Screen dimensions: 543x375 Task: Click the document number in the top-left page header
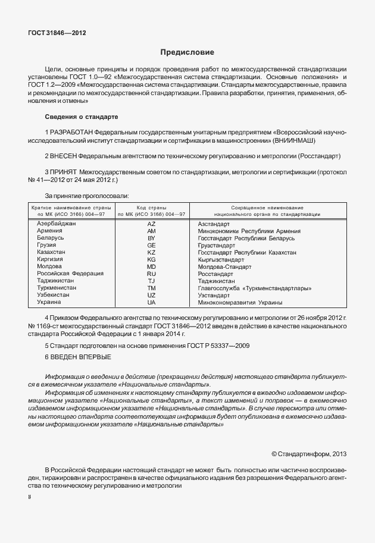pyautogui.click(x=57, y=33)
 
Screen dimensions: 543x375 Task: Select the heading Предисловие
pyautogui.click(x=187, y=53)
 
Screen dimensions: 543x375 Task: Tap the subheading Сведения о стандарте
pyautogui.click(x=82, y=116)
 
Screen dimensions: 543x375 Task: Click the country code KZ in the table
pyautogui.click(x=151, y=252)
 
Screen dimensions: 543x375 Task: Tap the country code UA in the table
pyautogui.click(x=151, y=302)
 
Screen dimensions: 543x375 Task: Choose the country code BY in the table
pyautogui.click(x=151, y=238)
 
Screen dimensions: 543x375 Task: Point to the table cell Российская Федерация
pyautogui.click(x=65, y=274)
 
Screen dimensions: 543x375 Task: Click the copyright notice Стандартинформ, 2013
pyautogui.click(x=308, y=453)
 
